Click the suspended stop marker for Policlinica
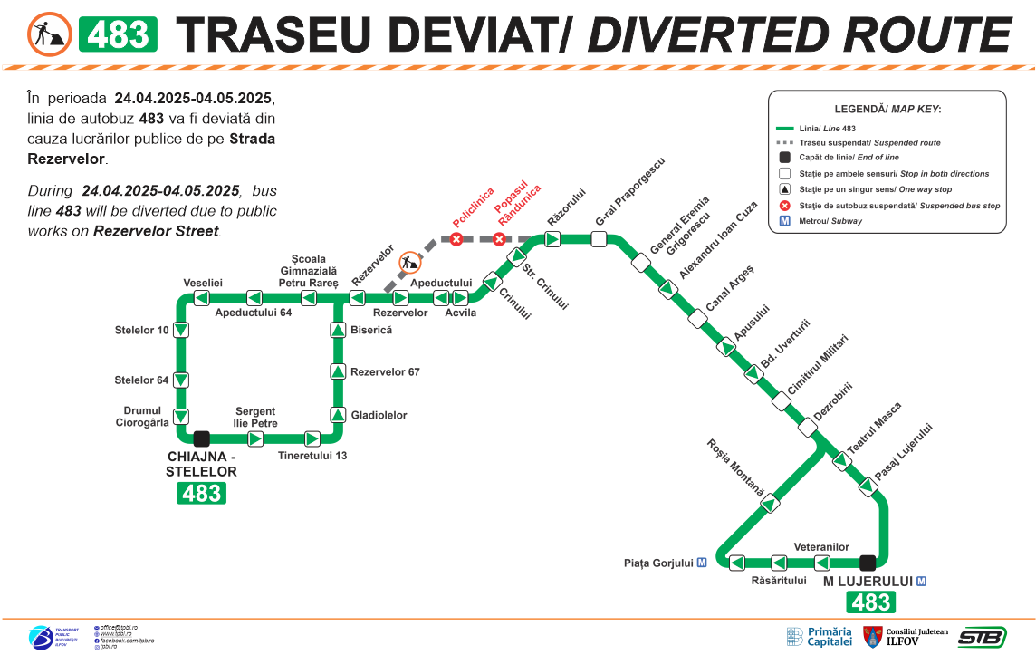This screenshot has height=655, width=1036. (457, 239)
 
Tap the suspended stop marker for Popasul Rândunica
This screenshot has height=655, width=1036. (499, 239)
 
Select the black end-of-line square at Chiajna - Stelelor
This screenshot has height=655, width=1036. (202, 438)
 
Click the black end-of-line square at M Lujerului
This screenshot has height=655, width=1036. (868, 562)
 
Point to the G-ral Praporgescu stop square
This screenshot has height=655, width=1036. (599, 239)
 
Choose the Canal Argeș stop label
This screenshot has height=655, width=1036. (730, 288)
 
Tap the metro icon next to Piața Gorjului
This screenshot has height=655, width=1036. (702, 563)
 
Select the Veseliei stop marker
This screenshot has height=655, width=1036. (203, 298)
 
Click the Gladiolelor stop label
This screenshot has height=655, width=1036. (379, 415)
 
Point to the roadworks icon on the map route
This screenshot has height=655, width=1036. (410, 263)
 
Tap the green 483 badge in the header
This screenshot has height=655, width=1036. (119, 34)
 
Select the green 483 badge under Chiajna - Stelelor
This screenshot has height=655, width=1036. (201, 493)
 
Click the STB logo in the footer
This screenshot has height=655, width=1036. (982, 637)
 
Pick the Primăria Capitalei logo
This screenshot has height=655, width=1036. (820, 636)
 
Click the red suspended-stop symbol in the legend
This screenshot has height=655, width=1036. (784, 206)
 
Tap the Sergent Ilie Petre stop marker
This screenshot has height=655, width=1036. (255, 438)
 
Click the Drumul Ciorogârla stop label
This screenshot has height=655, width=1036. (143, 416)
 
